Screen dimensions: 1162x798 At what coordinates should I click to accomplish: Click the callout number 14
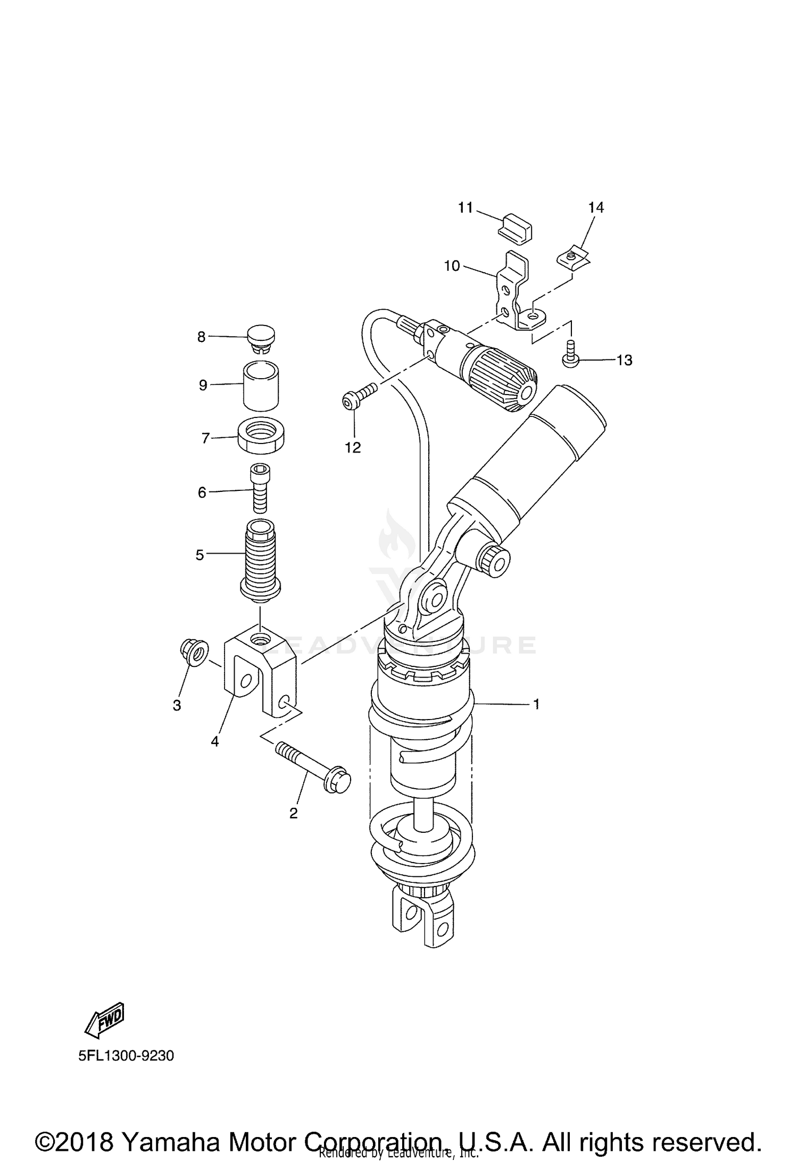tap(596, 207)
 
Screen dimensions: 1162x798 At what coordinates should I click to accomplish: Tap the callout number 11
tap(465, 207)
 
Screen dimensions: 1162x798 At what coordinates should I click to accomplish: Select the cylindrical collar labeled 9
tap(261, 386)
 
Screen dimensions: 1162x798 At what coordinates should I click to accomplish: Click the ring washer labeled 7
tap(261, 436)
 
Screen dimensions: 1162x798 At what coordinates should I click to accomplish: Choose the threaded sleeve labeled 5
tap(260, 561)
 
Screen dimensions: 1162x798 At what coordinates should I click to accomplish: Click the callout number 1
tap(536, 704)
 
